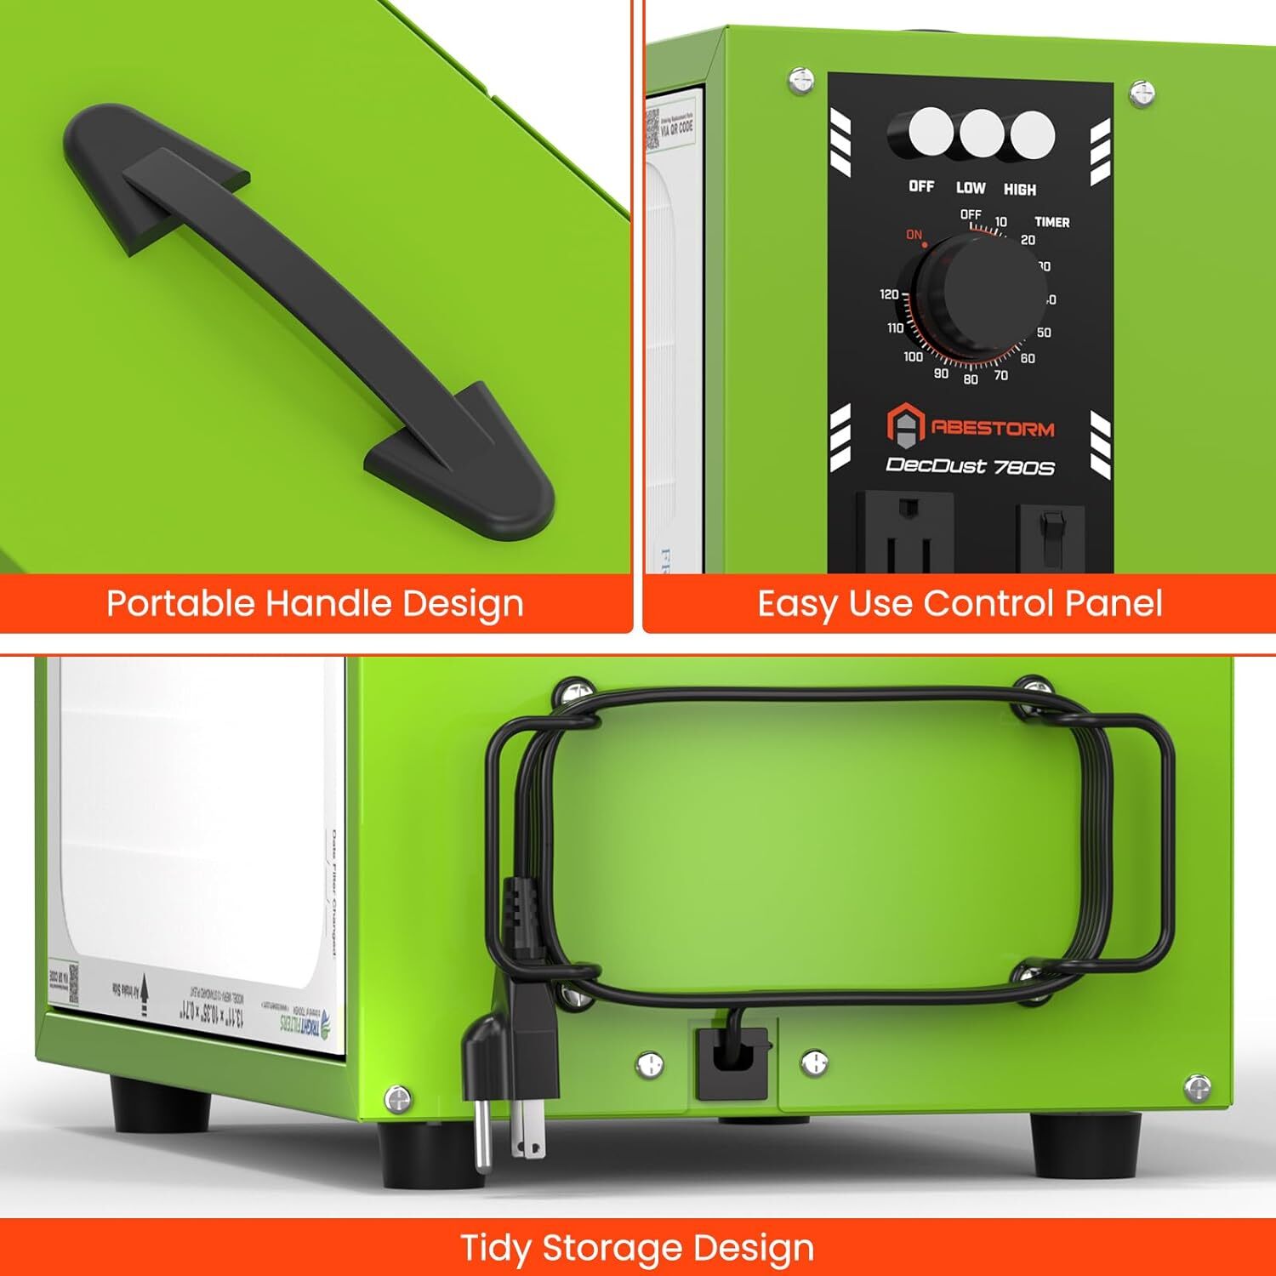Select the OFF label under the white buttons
(x=920, y=185)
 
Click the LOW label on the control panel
(x=970, y=188)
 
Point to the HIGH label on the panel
(x=1019, y=190)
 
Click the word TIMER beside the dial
(x=1051, y=222)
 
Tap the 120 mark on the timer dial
(x=889, y=294)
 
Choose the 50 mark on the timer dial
(x=1044, y=333)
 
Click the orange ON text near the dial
(x=914, y=235)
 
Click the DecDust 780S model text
(x=970, y=466)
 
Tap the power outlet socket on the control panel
(x=904, y=532)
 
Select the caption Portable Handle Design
(x=315, y=603)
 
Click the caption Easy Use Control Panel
(x=960, y=603)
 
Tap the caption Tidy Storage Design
(x=637, y=1248)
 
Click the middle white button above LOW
(x=982, y=134)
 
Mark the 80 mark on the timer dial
(x=971, y=379)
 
